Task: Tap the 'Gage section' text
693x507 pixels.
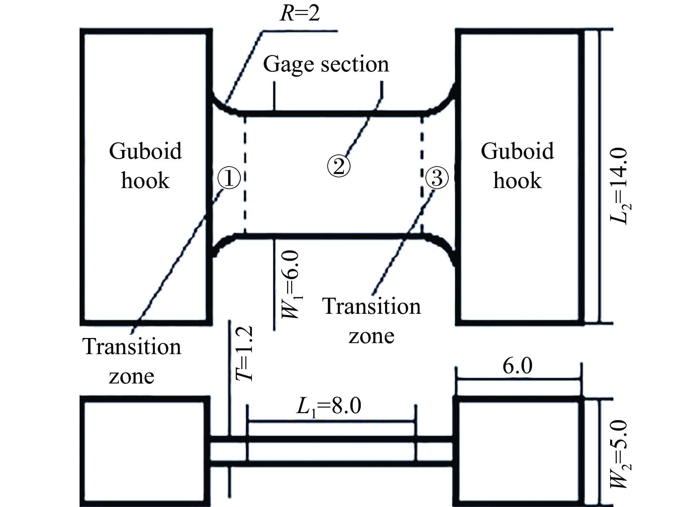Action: point(326,65)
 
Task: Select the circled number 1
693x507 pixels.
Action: point(229,179)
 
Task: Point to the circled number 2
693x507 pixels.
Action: point(338,166)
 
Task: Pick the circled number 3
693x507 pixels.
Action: point(437,178)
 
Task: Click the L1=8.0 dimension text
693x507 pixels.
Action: point(329,406)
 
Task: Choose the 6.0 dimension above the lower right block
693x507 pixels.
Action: point(517,366)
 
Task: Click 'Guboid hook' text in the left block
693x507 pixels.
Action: point(145,166)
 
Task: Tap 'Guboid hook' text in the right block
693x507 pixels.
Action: point(517,166)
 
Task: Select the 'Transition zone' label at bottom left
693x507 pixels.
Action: point(132,361)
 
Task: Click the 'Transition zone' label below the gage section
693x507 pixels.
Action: point(371,321)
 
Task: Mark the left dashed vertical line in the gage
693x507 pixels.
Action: point(245,174)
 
